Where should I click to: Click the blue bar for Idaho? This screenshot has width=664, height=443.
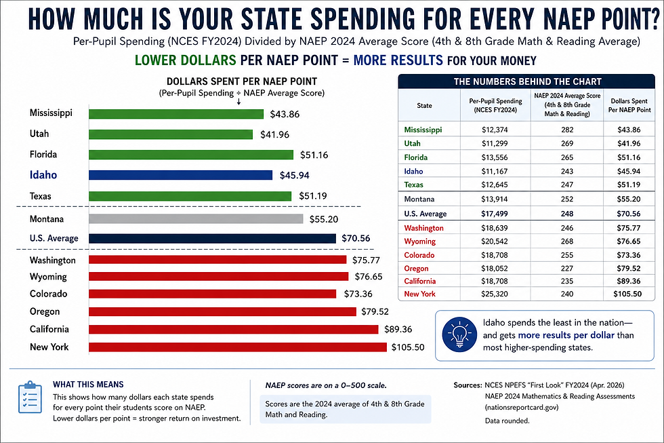[x=180, y=175]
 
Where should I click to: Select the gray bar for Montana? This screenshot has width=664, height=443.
[x=196, y=219]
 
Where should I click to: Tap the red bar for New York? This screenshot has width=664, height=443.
[x=238, y=347]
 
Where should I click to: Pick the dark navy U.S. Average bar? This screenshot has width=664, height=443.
[x=212, y=238]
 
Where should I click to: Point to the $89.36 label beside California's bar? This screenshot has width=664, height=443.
[x=400, y=329]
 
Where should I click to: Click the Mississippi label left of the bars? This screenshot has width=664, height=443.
[x=51, y=113]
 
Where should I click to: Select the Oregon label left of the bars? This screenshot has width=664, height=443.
[x=45, y=311]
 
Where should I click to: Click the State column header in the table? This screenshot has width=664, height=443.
[x=424, y=105]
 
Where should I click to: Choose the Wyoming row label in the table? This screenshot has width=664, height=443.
[x=420, y=242]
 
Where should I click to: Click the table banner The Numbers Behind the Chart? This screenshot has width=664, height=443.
[x=526, y=81]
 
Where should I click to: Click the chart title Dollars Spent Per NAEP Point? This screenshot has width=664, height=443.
[x=241, y=81]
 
